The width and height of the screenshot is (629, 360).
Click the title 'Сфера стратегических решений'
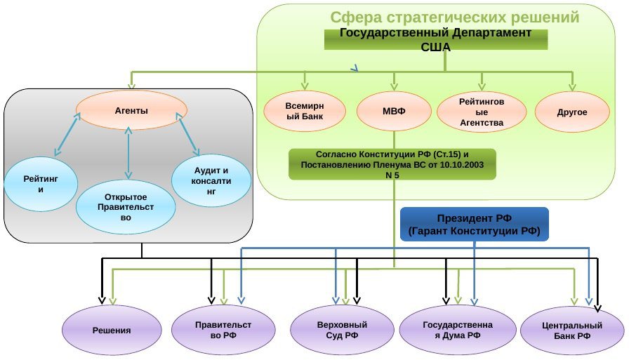455,18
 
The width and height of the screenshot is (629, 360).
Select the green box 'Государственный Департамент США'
435,40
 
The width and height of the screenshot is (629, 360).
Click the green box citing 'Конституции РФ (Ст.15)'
392,164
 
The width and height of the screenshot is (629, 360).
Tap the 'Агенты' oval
131,111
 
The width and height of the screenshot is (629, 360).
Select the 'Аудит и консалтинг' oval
212,181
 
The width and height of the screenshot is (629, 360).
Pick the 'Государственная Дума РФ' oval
452,330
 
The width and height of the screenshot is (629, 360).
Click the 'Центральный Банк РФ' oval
572,331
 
